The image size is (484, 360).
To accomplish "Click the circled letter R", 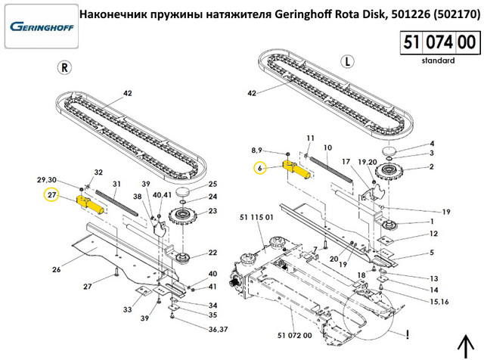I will pos(66,67).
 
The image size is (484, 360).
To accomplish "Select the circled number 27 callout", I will pos(52,195).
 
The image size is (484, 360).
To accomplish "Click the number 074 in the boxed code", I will pos(437,41).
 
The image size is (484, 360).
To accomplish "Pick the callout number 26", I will pos(56,268).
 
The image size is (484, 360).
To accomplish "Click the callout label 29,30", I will pos(46,178).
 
